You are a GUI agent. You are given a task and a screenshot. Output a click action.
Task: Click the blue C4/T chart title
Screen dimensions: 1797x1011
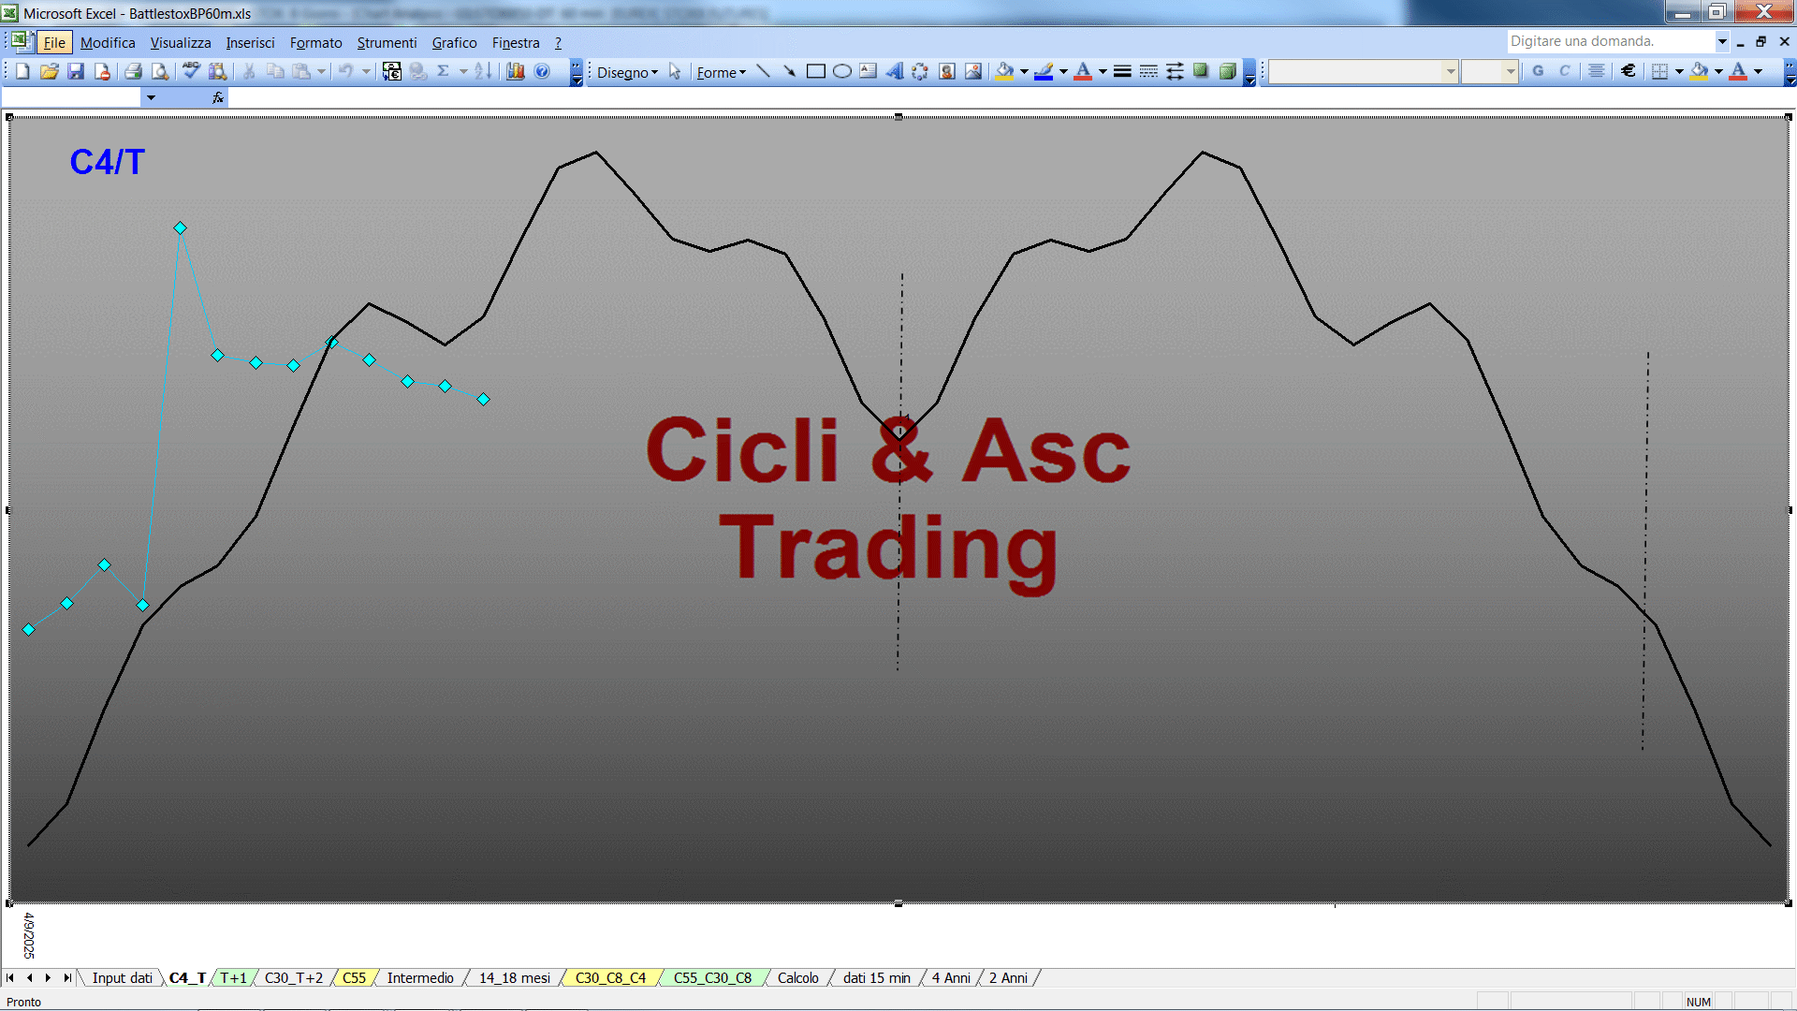[x=107, y=162]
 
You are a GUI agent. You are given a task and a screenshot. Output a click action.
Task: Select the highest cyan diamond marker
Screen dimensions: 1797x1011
[x=181, y=227]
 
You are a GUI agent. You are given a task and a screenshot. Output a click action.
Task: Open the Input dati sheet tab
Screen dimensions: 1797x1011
[x=122, y=978]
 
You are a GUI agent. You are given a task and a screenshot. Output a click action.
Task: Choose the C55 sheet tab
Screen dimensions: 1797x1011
[x=354, y=978]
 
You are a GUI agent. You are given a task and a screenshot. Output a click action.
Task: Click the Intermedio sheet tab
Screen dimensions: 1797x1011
[x=420, y=978]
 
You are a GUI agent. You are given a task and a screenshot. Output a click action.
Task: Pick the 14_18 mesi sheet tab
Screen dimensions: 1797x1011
[x=515, y=978]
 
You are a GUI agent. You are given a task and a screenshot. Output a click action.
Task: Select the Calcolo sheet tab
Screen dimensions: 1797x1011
[x=797, y=978]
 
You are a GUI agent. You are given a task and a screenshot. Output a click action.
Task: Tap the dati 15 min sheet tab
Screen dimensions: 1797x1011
[x=876, y=978]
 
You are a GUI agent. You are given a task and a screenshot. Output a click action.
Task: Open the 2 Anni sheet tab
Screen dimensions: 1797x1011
[x=1008, y=978]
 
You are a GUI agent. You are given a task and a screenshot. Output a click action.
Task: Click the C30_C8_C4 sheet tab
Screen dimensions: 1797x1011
[x=610, y=978]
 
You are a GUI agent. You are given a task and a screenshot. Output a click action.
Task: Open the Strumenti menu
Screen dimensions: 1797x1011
[x=387, y=43]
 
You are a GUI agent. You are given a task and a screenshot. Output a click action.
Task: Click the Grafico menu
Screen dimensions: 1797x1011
[x=454, y=43]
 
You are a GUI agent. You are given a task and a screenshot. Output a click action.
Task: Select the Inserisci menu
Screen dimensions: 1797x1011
[x=250, y=43]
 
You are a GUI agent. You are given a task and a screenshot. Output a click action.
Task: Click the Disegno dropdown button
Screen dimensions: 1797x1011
[x=627, y=72]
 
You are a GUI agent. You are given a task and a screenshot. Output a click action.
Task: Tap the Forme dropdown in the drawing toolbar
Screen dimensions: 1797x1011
[x=721, y=72]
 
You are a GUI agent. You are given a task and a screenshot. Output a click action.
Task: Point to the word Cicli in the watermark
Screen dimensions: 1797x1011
[x=742, y=450]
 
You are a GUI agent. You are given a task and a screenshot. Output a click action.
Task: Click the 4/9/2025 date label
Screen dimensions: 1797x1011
[x=29, y=935]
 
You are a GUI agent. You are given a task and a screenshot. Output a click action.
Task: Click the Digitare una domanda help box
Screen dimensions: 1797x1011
[x=1610, y=41]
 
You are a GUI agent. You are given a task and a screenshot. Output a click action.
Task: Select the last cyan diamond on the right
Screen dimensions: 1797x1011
[x=484, y=400]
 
